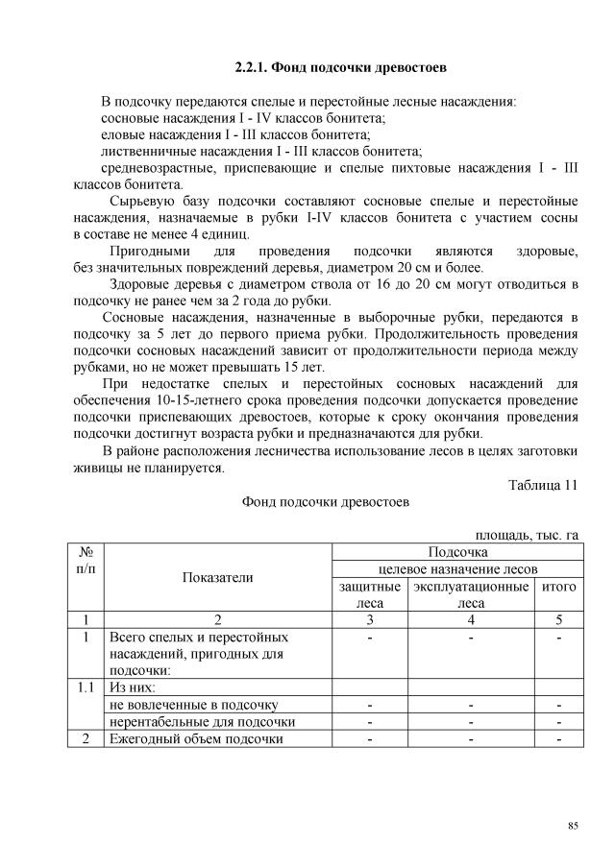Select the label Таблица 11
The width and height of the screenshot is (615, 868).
(x=543, y=485)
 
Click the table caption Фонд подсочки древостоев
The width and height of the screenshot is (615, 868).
(x=326, y=502)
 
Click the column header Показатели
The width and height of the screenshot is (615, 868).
(x=216, y=577)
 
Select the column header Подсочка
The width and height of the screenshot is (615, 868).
(x=457, y=551)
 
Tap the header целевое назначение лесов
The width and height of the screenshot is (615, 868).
(x=457, y=568)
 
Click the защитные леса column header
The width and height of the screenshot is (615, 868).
(x=369, y=594)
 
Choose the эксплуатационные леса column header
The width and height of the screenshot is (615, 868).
(x=471, y=594)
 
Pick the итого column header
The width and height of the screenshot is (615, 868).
(x=557, y=586)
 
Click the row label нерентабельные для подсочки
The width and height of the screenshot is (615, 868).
(x=202, y=721)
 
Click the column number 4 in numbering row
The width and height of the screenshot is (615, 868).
(x=471, y=620)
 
